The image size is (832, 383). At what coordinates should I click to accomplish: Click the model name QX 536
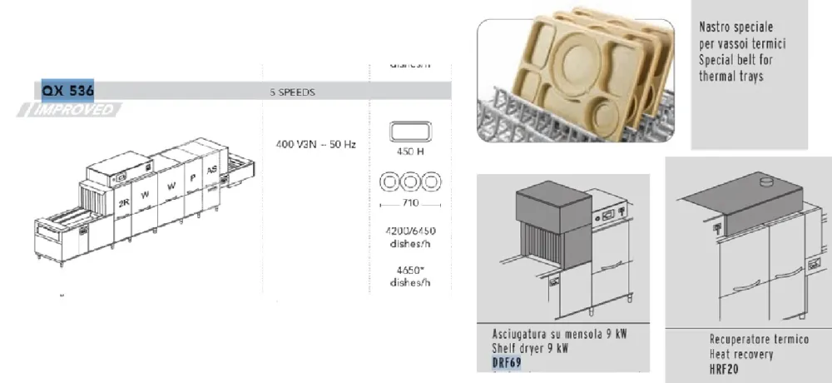click(68, 90)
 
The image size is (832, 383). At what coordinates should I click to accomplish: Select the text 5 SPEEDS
click(292, 92)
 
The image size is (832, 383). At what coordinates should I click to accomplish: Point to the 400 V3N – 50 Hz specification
click(315, 145)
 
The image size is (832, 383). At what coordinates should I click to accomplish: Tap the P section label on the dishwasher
click(193, 177)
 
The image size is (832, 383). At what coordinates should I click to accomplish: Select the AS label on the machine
click(212, 169)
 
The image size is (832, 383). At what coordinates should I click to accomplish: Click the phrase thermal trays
click(731, 77)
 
